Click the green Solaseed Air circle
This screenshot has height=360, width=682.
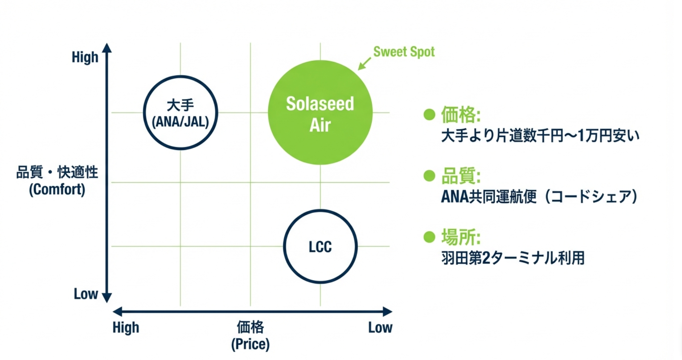(320, 112)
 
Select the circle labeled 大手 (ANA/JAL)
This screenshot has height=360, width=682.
(180, 113)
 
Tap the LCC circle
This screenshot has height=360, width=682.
(320, 247)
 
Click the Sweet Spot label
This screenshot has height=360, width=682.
(404, 52)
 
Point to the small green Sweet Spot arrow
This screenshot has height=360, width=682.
(364, 63)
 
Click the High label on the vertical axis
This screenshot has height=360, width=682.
(85, 57)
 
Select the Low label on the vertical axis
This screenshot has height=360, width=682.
(86, 294)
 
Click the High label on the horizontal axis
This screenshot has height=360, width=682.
(126, 327)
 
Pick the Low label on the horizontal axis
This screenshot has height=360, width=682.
(380, 327)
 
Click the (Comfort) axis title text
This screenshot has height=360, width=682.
(57, 189)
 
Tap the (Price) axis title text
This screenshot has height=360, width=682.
(251, 344)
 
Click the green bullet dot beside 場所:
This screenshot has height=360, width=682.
(429, 237)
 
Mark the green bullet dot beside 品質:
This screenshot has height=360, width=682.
(429, 176)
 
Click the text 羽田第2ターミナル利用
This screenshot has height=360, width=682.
(513, 258)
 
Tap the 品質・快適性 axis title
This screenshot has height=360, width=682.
(57, 172)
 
